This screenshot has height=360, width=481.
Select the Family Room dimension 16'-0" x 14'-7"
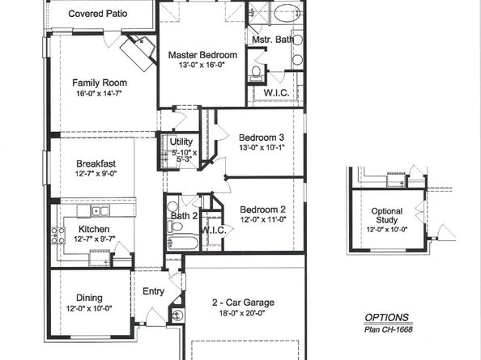(x=100, y=94)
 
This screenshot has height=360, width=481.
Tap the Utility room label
(x=181, y=142)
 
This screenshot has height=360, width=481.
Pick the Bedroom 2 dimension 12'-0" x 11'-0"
(x=262, y=219)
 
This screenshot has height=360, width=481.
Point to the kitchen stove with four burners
(x=58, y=235)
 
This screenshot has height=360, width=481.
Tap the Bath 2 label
(x=183, y=216)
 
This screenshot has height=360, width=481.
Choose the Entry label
(x=152, y=291)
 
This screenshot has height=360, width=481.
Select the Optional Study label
(x=386, y=215)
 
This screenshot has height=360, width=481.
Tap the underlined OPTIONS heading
(x=385, y=317)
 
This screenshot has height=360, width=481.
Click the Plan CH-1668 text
(x=386, y=329)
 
